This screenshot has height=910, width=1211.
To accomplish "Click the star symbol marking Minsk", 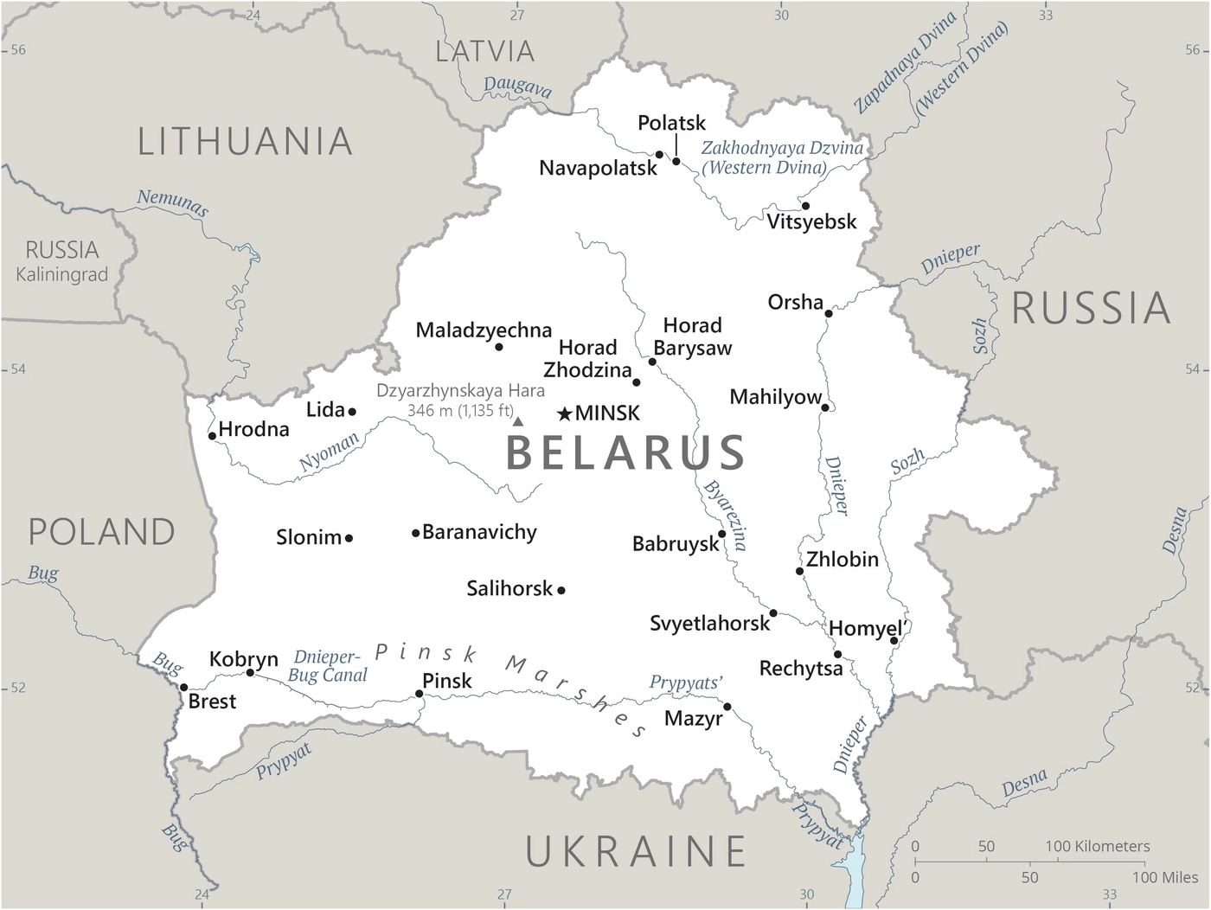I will point(565,414).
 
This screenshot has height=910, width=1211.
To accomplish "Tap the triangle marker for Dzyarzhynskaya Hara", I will point(518,421).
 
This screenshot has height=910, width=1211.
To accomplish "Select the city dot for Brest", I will point(183,688).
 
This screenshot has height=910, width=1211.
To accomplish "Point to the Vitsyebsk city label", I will point(811,222).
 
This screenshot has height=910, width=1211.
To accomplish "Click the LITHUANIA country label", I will point(246,142).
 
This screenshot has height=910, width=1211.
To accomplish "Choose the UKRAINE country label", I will point(637,851).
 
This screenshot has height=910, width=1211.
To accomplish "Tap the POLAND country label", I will point(102,532).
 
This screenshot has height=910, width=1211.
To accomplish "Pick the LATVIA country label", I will point(485,52).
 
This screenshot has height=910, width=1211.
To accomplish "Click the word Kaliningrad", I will point(62,275).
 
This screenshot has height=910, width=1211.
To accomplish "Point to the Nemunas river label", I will point(173,202).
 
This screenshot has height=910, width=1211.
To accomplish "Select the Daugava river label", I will point(517,87).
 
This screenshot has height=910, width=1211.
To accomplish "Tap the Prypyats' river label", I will point(686,683).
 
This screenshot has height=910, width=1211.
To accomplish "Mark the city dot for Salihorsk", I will point(561,590).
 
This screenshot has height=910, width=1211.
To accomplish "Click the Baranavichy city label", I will point(479,532).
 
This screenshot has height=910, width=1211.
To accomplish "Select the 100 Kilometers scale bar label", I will point(1098,846).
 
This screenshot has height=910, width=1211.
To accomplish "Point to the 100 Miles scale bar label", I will point(1164,877).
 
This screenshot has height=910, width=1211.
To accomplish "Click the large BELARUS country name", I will point(625,452).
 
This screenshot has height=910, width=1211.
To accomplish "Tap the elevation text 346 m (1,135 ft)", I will point(460,411).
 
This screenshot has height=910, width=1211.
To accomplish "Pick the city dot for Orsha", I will point(829,313).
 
